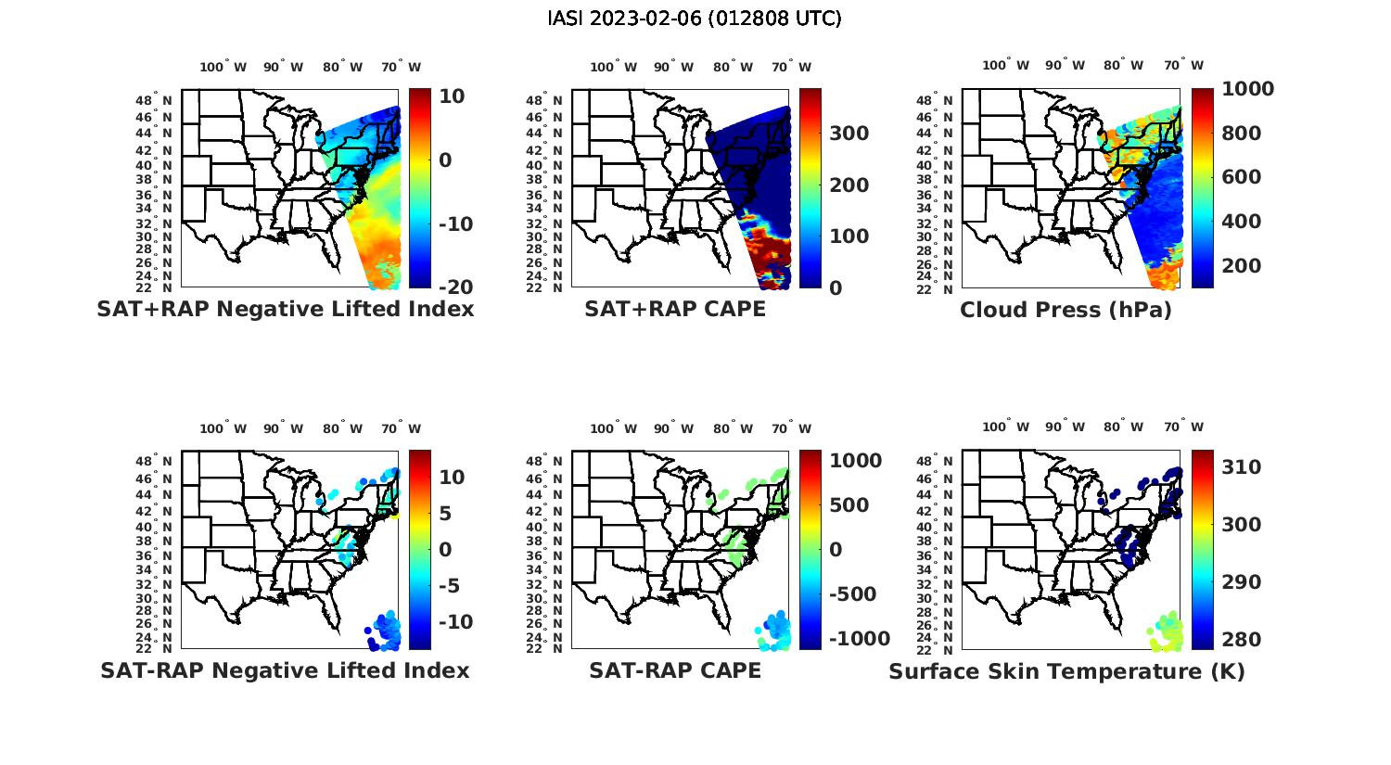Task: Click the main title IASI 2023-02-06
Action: point(695,19)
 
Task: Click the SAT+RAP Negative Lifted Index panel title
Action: point(286,310)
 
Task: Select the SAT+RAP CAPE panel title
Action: point(675,310)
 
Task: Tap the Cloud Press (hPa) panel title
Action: point(1066,310)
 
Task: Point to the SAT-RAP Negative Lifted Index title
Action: point(285,670)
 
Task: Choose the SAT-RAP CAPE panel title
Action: point(675,670)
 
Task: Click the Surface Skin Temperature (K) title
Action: point(1066,671)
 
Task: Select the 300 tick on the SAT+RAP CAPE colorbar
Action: point(849,134)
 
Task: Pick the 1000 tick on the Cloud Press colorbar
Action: point(1247,89)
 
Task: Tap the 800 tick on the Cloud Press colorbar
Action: point(1241,134)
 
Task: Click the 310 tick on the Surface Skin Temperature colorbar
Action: point(1241,467)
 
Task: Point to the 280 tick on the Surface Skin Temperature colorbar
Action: point(1241,640)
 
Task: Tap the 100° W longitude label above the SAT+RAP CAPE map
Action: point(613,67)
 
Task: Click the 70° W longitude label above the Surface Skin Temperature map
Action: point(1183,427)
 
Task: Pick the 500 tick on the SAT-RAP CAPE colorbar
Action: point(849,505)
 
